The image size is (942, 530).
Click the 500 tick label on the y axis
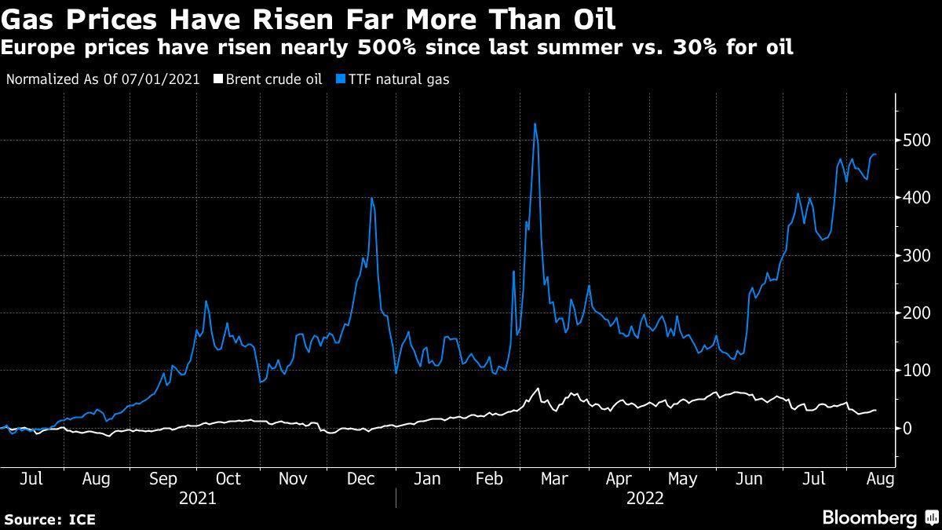915,141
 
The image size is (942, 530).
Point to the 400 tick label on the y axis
915,199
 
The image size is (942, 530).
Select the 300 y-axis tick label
915,256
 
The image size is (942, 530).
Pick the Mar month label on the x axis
555,478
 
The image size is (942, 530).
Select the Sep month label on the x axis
163,478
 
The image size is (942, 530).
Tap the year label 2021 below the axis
198,498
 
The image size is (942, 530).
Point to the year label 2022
645,498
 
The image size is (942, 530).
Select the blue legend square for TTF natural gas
340,79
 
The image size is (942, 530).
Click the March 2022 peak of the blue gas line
535,124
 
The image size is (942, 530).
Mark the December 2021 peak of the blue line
371,198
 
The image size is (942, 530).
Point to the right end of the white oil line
876,410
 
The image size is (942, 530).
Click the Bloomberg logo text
869,517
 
